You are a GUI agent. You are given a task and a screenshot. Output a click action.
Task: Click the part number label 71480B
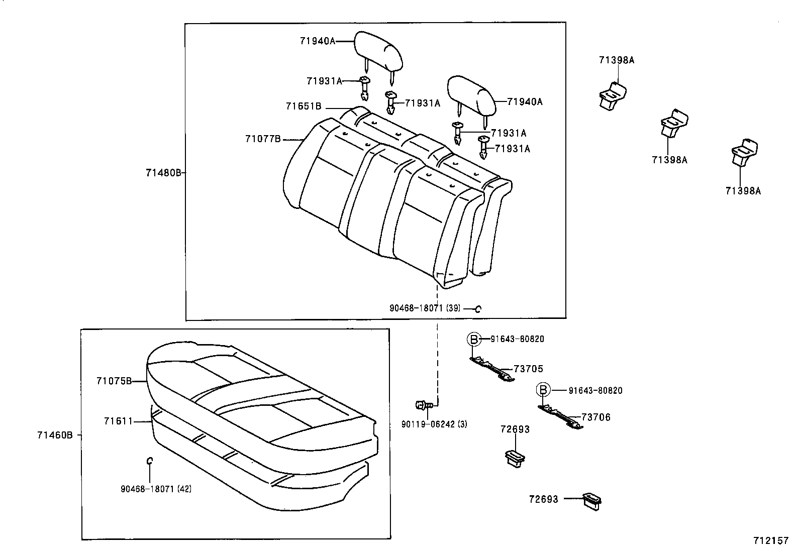pyautogui.click(x=163, y=173)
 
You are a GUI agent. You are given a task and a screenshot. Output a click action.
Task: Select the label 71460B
pyautogui.click(x=54, y=435)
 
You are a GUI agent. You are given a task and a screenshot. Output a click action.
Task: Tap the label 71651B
pyautogui.click(x=304, y=106)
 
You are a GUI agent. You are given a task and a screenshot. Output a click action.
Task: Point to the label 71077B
pyautogui.click(x=263, y=139)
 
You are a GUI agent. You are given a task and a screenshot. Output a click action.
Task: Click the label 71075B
pyautogui.click(x=114, y=381)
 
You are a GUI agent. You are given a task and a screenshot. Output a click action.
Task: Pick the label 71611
pyautogui.click(x=118, y=421)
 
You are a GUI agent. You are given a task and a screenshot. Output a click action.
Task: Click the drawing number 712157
pyautogui.click(x=770, y=541)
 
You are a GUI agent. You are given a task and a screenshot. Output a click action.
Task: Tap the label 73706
pyautogui.click(x=596, y=417)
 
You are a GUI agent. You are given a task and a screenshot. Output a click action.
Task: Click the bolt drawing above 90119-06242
pyautogui.click(x=422, y=404)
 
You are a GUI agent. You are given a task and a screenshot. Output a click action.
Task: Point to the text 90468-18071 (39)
pyautogui.click(x=425, y=308)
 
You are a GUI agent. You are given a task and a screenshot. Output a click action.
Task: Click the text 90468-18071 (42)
pyautogui.click(x=156, y=488)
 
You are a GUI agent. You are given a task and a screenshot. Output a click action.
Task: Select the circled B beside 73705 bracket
pyautogui.click(x=473, y=339)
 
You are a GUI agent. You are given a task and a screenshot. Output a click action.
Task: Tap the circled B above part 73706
pyautogui.click(x=543, y=390)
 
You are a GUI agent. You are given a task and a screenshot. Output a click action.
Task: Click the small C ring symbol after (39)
pyautogui.click(x=478, y=309)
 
